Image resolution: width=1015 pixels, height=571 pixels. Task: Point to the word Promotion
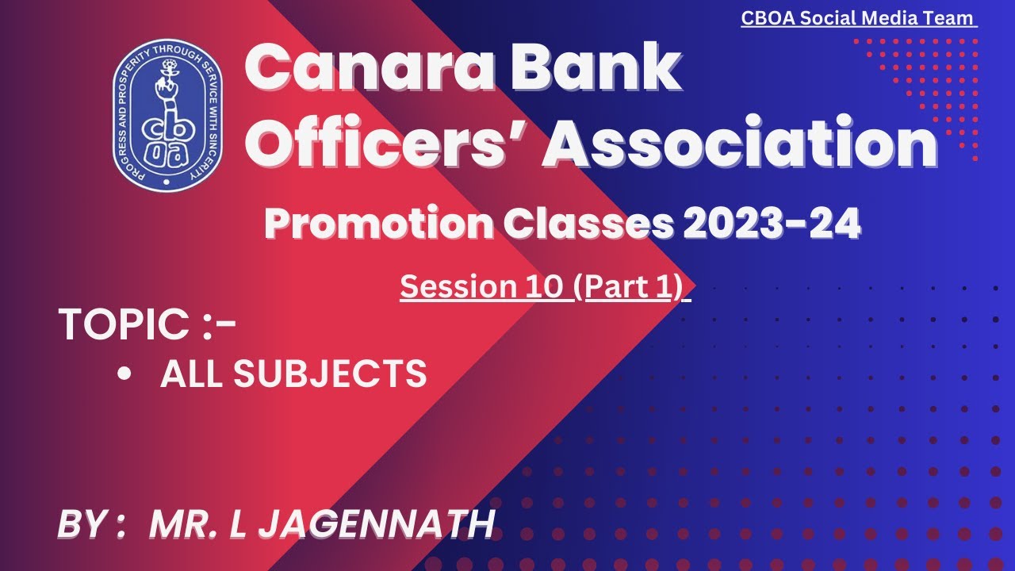(x=378, y=225)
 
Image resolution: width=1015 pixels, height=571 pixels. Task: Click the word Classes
(x=588, y=225)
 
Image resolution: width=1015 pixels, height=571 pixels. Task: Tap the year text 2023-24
(x=772, y=225)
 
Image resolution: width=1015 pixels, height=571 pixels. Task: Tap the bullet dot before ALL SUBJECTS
(x=124, y=374)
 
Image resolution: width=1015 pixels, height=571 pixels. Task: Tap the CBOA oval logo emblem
(x=167, y=115)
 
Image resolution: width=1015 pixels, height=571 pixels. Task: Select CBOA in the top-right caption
(x=766, y=17)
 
